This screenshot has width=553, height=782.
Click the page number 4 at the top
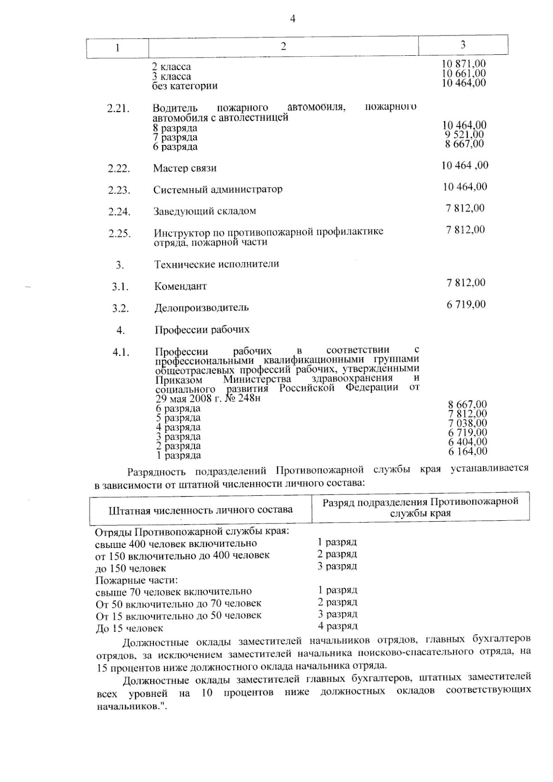point(292,19)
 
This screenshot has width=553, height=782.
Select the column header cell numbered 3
point(463,44)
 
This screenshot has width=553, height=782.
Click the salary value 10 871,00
point(464,64)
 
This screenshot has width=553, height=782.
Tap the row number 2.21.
point(118,109)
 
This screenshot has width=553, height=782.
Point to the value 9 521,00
point(464,135)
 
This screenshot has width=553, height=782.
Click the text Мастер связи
point(185,168)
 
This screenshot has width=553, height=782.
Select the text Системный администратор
point(218,189)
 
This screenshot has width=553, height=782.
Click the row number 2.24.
point(119,212)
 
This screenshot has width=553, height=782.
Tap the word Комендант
point(181,286)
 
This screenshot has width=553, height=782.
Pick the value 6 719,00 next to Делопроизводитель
point(466,304)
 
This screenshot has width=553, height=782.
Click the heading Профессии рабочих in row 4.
point(202,329)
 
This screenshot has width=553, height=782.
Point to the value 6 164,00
point(467,452)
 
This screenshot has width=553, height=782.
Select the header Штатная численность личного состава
point(200,510)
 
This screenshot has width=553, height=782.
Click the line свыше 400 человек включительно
point(176,544)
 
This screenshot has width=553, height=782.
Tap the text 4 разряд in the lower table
point(337,626)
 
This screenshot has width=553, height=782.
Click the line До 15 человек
point(129,628)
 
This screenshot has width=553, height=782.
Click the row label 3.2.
point(120,308)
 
